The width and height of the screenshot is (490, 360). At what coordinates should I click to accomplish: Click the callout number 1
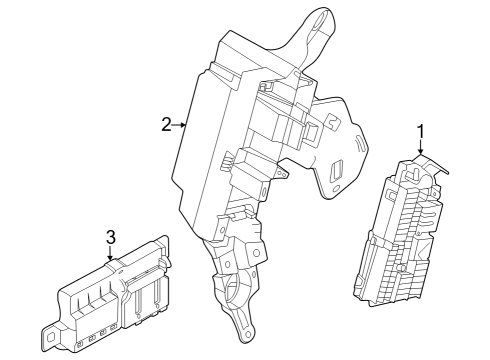(x=421, y=130)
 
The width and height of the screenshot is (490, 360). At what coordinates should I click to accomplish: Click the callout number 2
(x=165, y=124)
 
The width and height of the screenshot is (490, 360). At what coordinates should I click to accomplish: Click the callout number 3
(x=111, y=237)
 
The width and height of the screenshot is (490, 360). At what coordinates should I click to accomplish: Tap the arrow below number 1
(x=421, y=149)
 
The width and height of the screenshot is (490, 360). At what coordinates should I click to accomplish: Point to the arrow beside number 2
(x=181, y=125)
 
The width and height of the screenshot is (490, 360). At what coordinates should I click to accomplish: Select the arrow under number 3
(x=111, y=255)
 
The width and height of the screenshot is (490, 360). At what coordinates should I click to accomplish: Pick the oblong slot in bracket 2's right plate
(x=337, y=169)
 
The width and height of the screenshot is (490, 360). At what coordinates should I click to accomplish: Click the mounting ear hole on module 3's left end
(x=49, y=327)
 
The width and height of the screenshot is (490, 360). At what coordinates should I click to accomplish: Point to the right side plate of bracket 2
(x=335, y=145)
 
